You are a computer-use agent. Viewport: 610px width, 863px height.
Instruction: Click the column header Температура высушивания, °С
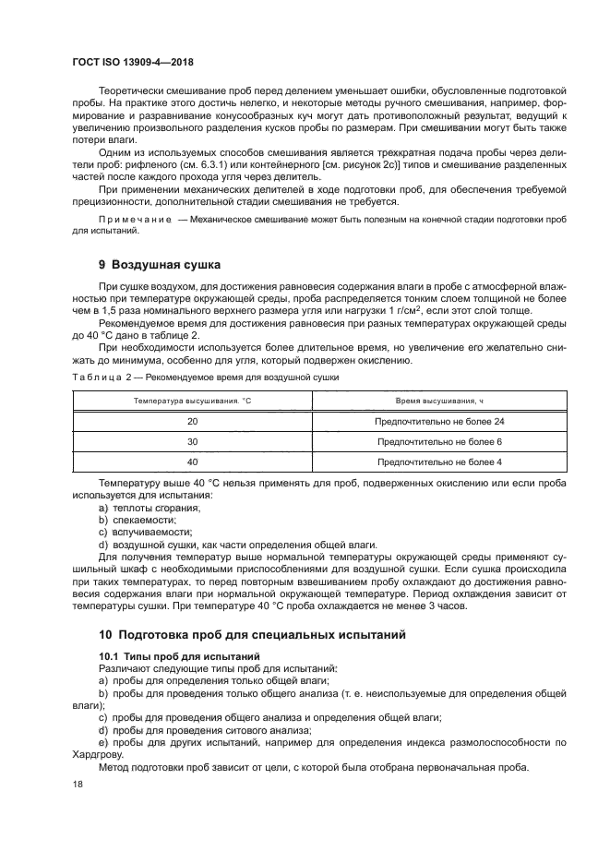click(192, 402)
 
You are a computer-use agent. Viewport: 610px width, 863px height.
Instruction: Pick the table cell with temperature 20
click(192, 421)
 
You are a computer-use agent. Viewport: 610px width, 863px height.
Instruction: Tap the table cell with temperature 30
click(192, 441)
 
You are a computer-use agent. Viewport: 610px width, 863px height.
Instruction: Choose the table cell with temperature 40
click(192, 461)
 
